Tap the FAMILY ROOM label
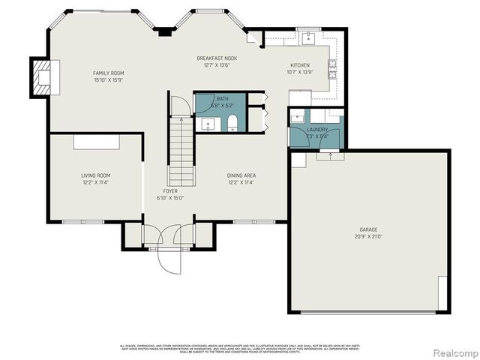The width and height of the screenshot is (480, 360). (x=107, y=73)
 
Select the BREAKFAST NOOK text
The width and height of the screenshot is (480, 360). (x=216, y=58)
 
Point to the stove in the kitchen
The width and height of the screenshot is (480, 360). (x=331, y=70)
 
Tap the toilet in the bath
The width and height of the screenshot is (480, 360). (x=232, y=121)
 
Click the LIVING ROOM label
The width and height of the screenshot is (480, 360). (x=96, y=175)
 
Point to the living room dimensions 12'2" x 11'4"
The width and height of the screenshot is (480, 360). (x=96, y=182)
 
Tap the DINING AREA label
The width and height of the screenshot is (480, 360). (x=241, y=175)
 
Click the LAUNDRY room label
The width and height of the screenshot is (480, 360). (x=317, y=130)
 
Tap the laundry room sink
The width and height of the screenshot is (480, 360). (x=298, y=117)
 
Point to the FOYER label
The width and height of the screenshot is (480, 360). (x=170, y=191)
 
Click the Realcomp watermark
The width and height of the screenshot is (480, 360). (x=453, y=352)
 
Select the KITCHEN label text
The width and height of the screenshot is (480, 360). (x=300, y=66)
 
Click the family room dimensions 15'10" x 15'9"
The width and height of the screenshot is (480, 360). (x=107, y=79)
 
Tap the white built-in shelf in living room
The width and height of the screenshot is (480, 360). (x=96, y=142)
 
